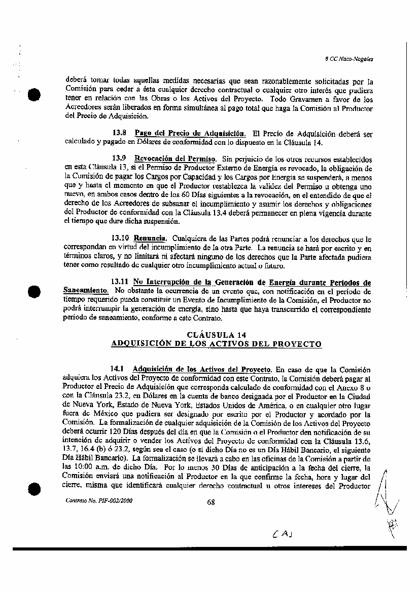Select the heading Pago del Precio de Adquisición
(187, 134)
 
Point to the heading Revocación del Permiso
(175, 159)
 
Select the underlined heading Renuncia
(150, 238)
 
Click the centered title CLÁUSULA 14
(217, 335)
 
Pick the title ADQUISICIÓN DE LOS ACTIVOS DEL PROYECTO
(216, 344)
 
